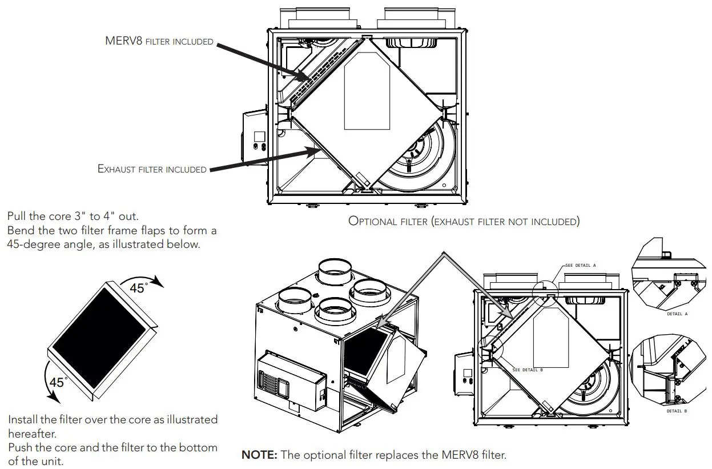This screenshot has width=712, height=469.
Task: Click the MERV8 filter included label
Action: click(159, 41)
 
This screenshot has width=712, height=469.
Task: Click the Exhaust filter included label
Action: click(152, 169)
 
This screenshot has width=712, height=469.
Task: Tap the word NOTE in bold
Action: click(260, 455)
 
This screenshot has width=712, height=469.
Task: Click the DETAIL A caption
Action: click(677, 314)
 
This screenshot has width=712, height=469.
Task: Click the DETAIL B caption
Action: click(677, 411)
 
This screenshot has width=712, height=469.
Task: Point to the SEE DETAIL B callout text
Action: click(528, 370)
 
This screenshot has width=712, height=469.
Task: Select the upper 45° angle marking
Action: click(138, 288)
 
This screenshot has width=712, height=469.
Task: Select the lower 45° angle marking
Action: click(57, 382)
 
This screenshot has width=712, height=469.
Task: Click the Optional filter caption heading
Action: click(464, 222)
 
